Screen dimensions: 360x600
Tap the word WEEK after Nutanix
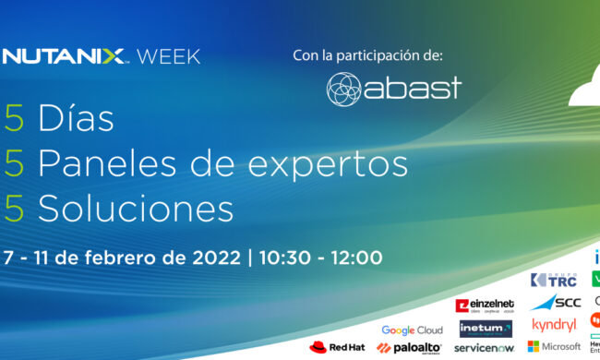(168, 56)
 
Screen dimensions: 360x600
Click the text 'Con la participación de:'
(368, 55)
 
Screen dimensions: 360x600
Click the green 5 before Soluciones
(14, 208)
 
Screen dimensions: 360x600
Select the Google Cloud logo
(412, 330)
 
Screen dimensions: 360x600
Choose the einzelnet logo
(484, 306)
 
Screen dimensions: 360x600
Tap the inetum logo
(485, 328)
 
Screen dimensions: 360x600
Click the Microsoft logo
(554, 346)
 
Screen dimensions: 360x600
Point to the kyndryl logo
(555, 325)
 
